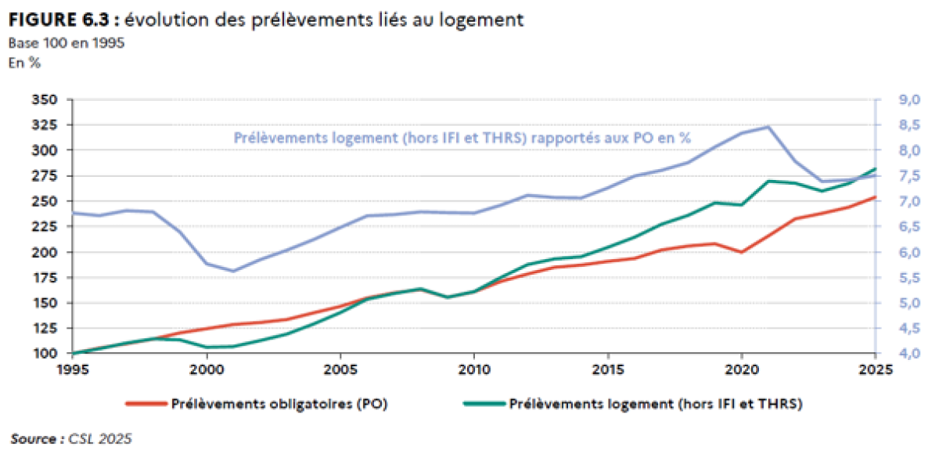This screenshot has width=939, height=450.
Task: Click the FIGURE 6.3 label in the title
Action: click(59, 20)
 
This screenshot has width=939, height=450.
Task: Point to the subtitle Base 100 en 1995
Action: click(67, 43)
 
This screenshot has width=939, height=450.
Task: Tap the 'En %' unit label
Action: click(24, 63)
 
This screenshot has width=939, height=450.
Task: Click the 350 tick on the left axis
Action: click(45, 99)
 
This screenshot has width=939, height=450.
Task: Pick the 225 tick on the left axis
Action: click(45, 226)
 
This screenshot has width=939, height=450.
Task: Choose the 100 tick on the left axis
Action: click(45, 353)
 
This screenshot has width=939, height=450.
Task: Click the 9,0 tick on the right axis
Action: click(909, 99)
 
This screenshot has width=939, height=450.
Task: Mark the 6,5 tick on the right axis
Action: click(909, 226)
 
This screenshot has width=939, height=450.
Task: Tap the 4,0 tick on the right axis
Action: click(909, 353)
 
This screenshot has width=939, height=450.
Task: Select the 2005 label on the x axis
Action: click(340, 369)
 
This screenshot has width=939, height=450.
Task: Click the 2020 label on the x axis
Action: click(742, 369)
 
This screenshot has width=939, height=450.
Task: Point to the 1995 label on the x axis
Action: click(73, 369)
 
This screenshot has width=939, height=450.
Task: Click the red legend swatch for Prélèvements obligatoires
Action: click(146, 404)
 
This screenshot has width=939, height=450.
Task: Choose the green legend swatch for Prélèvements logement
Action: click(484, 404)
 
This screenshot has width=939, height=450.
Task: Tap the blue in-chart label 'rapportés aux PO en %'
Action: click(611, 138)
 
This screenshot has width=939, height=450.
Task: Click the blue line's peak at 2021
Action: click(768, 127)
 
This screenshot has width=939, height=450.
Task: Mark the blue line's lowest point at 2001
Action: click(233, 271)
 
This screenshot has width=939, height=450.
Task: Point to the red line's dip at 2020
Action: click(742, 252)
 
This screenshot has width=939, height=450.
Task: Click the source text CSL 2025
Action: click(100, 439)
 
